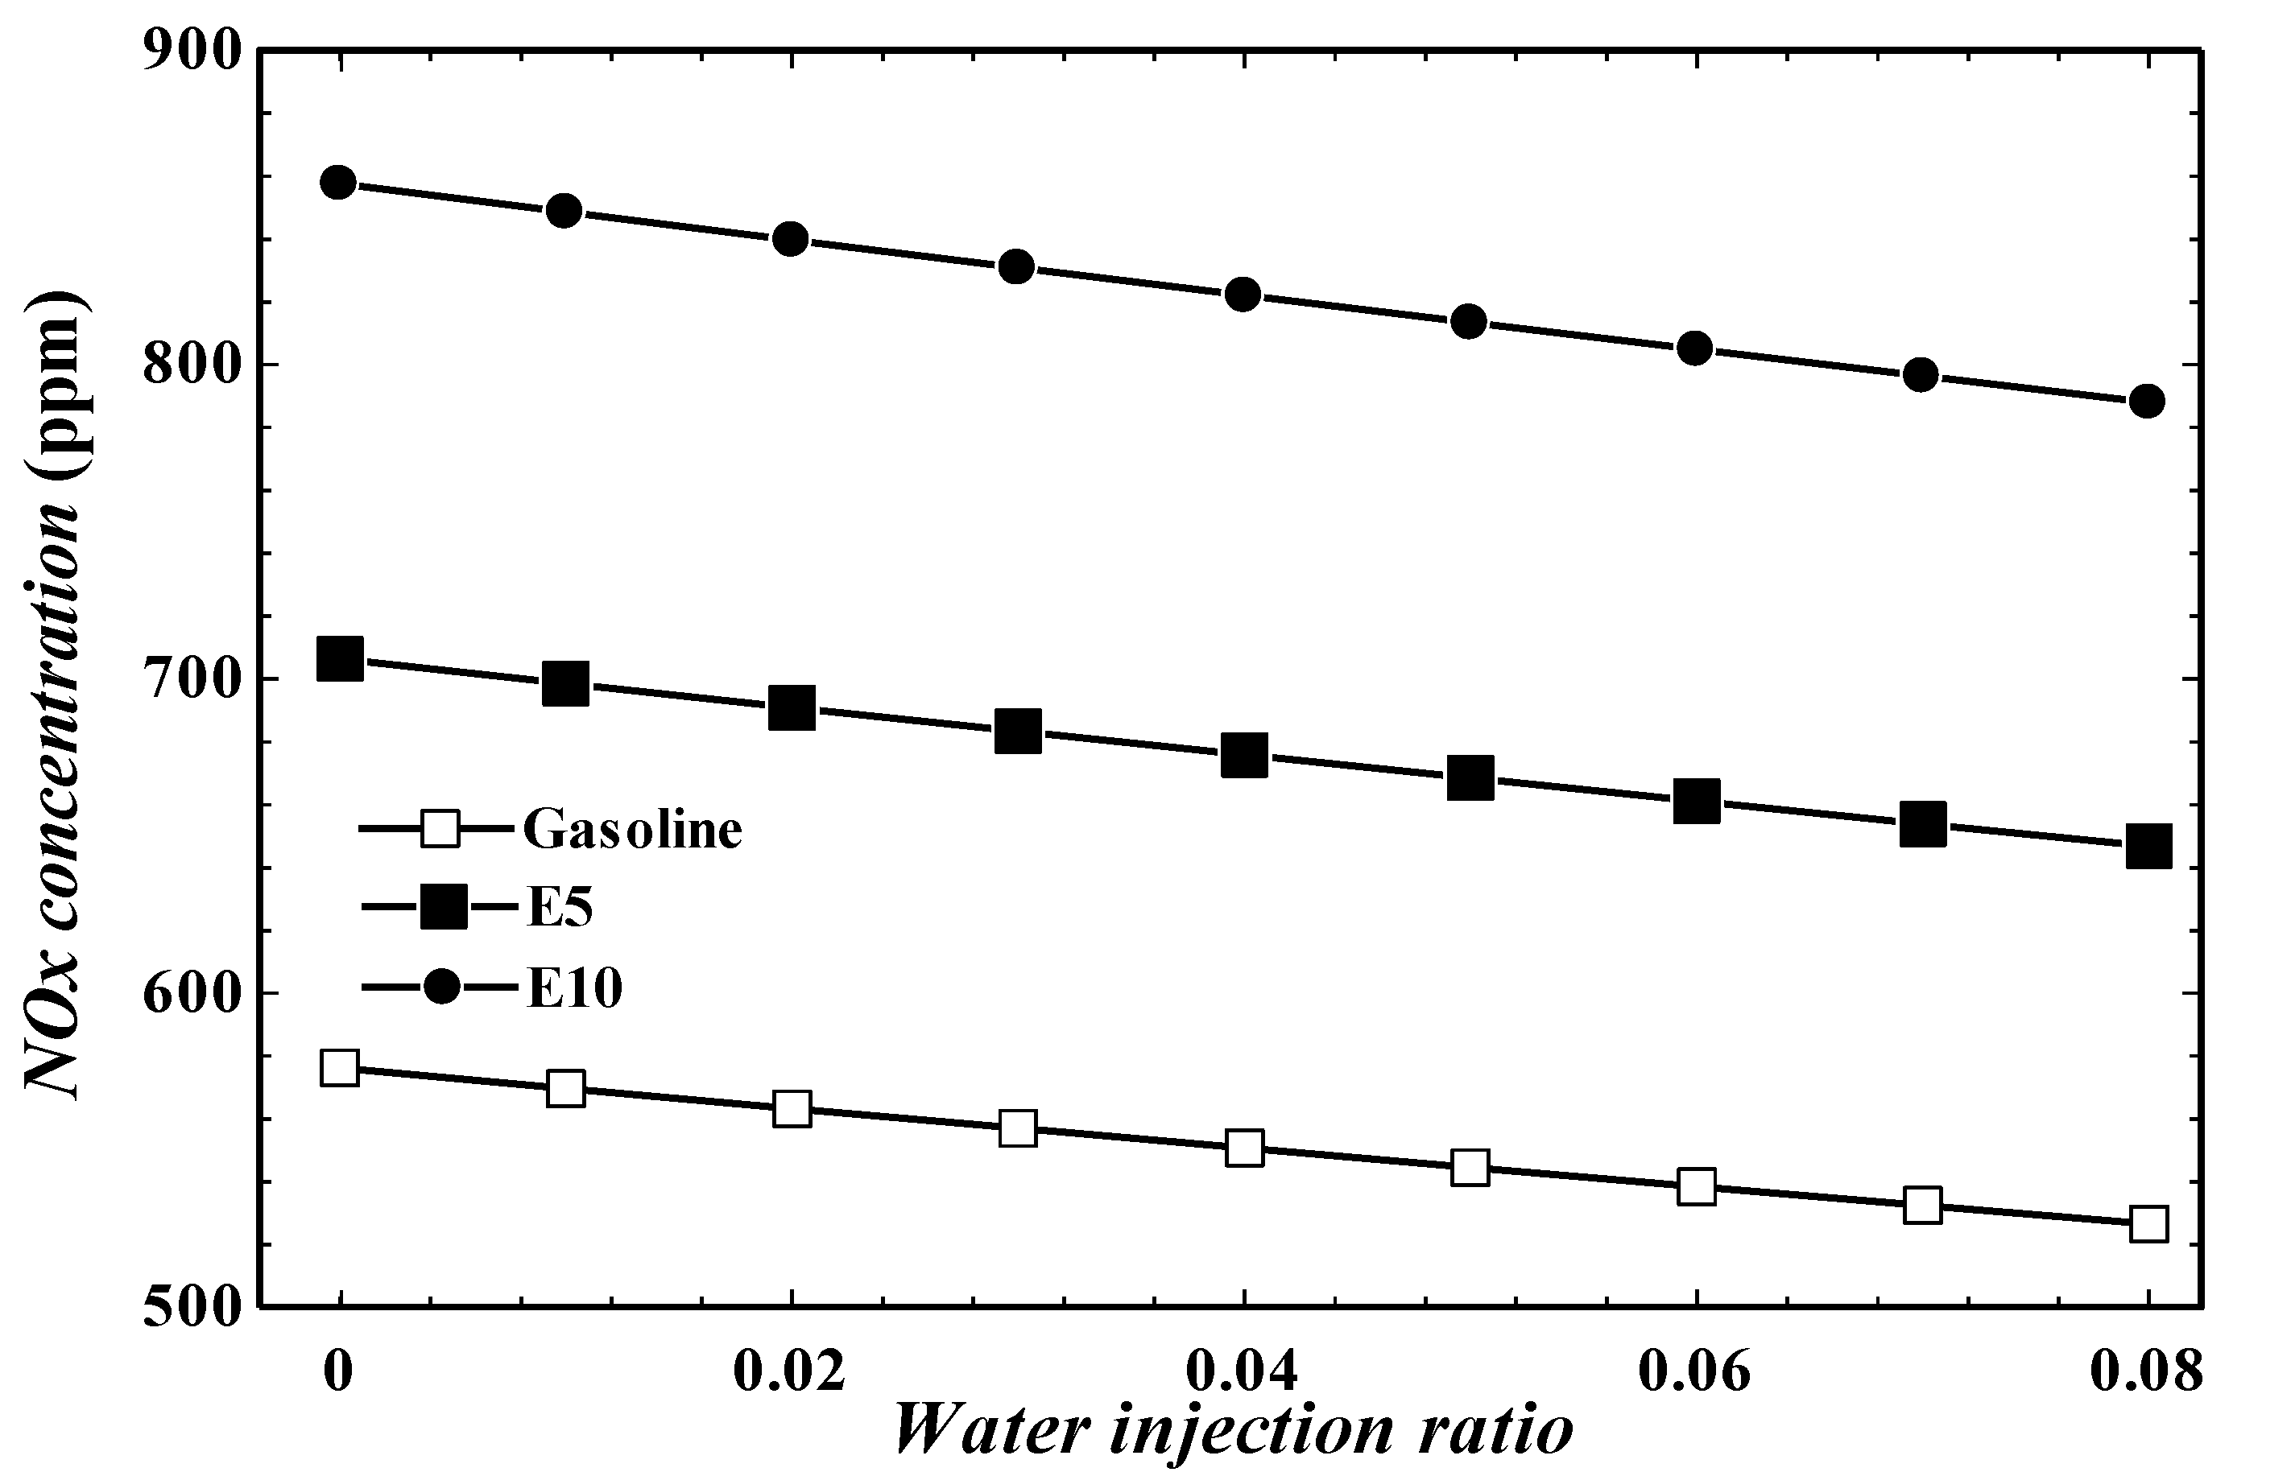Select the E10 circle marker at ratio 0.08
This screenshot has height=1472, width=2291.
coord(2147,401)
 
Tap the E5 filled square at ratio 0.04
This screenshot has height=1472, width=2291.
coord(1243,755)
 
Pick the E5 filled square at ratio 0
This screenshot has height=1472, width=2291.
coord(340,658)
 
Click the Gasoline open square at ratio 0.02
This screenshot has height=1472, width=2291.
coord(792,1109)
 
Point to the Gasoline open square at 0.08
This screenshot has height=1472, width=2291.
coord(2148,1224)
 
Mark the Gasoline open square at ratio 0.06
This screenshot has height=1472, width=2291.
coord(1695,1186)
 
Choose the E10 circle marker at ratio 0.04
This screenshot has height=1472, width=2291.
coord(1242,295)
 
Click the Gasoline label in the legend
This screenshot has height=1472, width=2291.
coord(632,829)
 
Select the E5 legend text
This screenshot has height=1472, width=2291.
coord(560,908)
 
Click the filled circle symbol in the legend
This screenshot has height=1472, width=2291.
coord(443,987)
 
